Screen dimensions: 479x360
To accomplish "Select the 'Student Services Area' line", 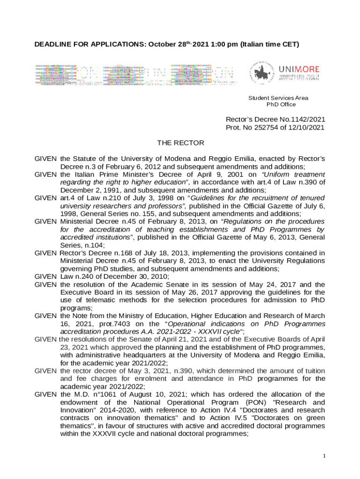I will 278,98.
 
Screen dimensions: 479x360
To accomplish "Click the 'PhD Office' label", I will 278,104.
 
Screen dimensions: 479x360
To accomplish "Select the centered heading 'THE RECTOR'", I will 180,142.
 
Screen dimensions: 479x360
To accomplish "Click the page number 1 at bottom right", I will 324,456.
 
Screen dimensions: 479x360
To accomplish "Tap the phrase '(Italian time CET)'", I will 269,45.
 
